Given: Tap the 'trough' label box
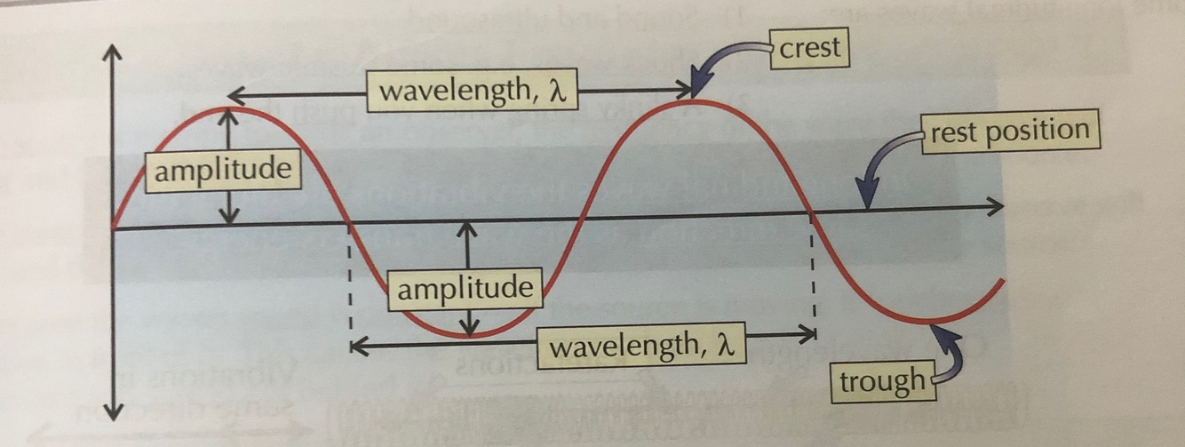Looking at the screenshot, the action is [882, 381].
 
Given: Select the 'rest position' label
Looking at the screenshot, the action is [1009, 132].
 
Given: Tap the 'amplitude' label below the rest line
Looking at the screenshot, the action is [465, 289].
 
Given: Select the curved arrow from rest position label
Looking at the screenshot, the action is [884, 160].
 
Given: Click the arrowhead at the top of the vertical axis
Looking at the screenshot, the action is [112, 51].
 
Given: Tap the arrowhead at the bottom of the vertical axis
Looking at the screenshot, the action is [113, 410].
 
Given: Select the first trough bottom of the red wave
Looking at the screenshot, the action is [469, 336].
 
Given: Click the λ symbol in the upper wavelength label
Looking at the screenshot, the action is [560, 92].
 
